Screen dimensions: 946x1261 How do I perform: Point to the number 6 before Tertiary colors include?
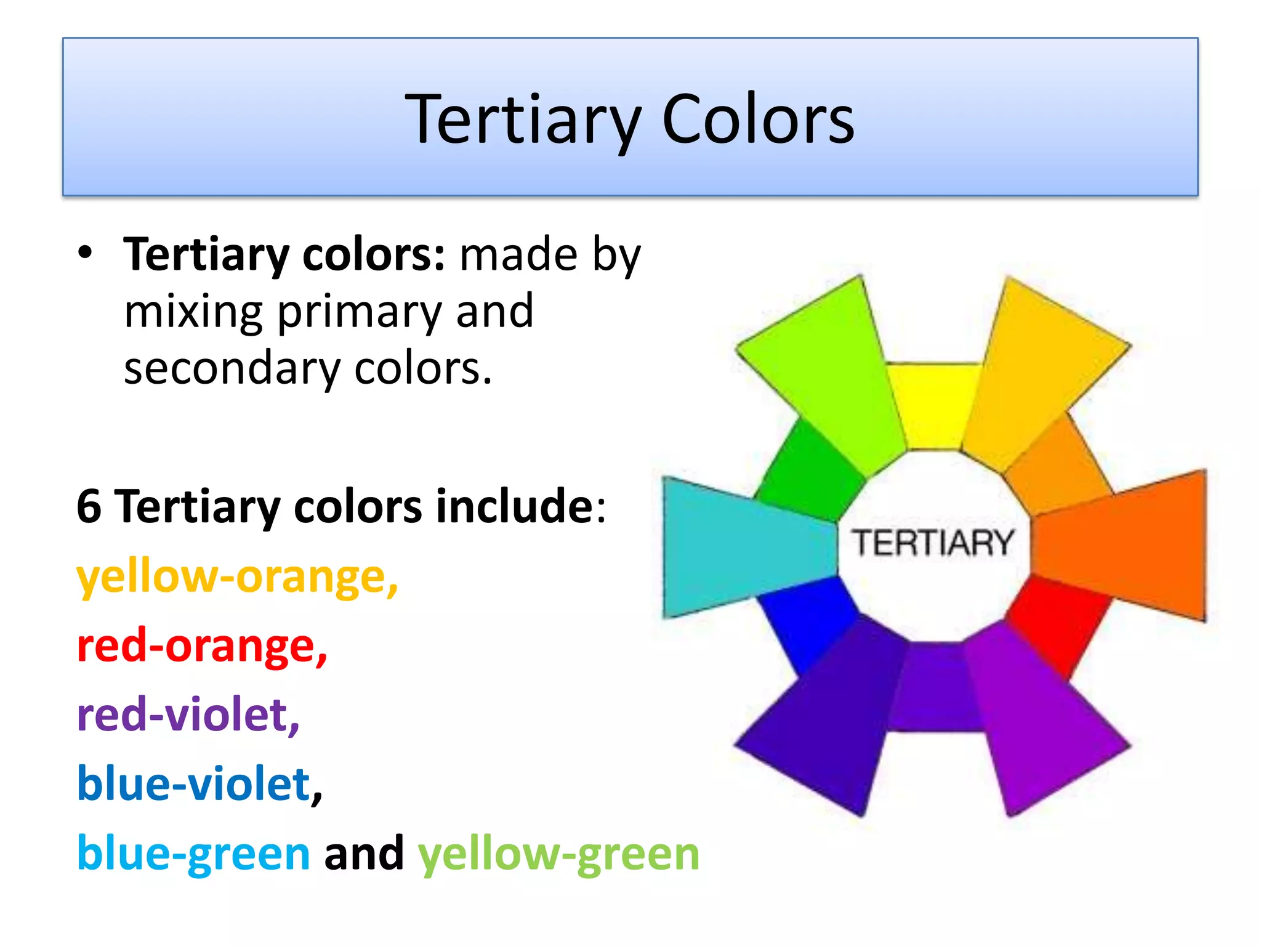[89, 506]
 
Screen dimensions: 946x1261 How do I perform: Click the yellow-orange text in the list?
[237, 578]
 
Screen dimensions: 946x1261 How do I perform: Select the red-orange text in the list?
[202, 647]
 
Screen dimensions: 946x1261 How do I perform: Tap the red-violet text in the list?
[188, 716]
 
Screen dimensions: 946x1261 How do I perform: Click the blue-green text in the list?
[193, 854]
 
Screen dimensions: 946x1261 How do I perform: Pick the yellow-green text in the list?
[558, 855]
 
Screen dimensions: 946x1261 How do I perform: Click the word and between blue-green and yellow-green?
[364, 854]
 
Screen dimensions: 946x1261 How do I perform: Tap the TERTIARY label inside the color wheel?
[933, 543]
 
